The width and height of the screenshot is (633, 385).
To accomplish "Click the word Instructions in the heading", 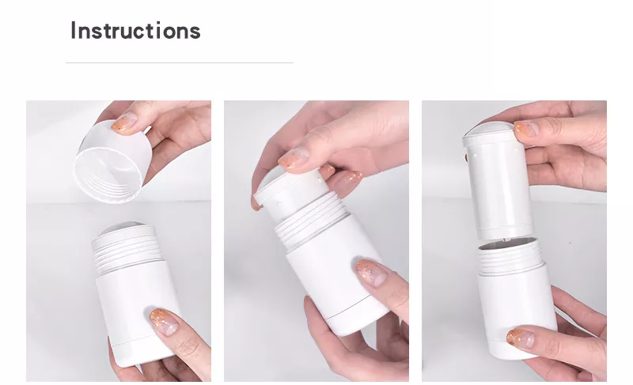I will [135, 31].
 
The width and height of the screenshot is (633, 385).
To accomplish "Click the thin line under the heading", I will [179, 62].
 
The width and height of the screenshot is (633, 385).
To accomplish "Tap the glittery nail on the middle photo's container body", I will [370, 272].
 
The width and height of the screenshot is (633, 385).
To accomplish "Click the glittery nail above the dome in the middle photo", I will [294, 160].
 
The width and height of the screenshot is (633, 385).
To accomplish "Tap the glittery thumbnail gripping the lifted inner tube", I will [526, 129].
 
